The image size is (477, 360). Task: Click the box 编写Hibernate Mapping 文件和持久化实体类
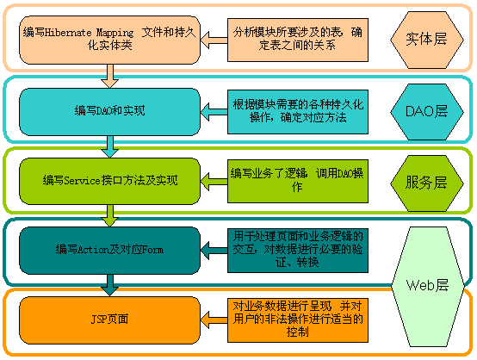coord(109,38)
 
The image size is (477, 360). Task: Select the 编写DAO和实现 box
coord(109,110)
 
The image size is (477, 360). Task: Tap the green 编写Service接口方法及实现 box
coord(109,180)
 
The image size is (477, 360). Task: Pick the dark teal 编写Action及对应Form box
coord(109,250)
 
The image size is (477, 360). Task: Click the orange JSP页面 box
coord(109,320)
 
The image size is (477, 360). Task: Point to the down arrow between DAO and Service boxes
coord(109,147)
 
